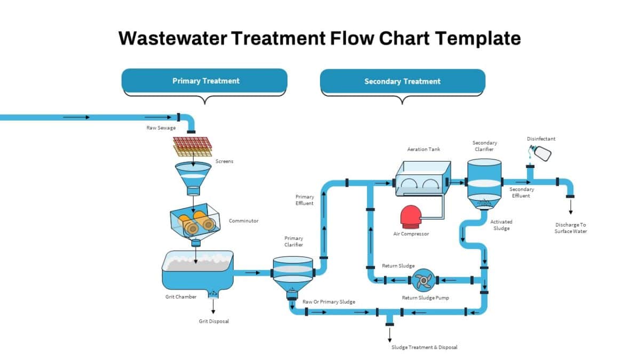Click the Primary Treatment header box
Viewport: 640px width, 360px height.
tap(205, 81)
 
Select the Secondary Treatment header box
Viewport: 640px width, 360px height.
tap(402, 82)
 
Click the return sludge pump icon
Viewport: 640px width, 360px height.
tap(423, 280)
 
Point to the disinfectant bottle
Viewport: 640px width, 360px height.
tap(540, 154)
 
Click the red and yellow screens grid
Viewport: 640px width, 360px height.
tap(192, 146)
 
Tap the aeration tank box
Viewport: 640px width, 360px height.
tap(422, 179)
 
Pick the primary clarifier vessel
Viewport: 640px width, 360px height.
tap(292, 274)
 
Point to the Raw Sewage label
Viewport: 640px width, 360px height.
tap(161, 128)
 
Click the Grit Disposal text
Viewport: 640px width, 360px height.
tap(213, 322)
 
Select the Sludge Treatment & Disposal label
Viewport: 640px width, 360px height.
tap(424, 347)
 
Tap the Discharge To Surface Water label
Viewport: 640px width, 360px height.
tap(570, 228)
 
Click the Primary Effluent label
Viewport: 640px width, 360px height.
tap(305, 200)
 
